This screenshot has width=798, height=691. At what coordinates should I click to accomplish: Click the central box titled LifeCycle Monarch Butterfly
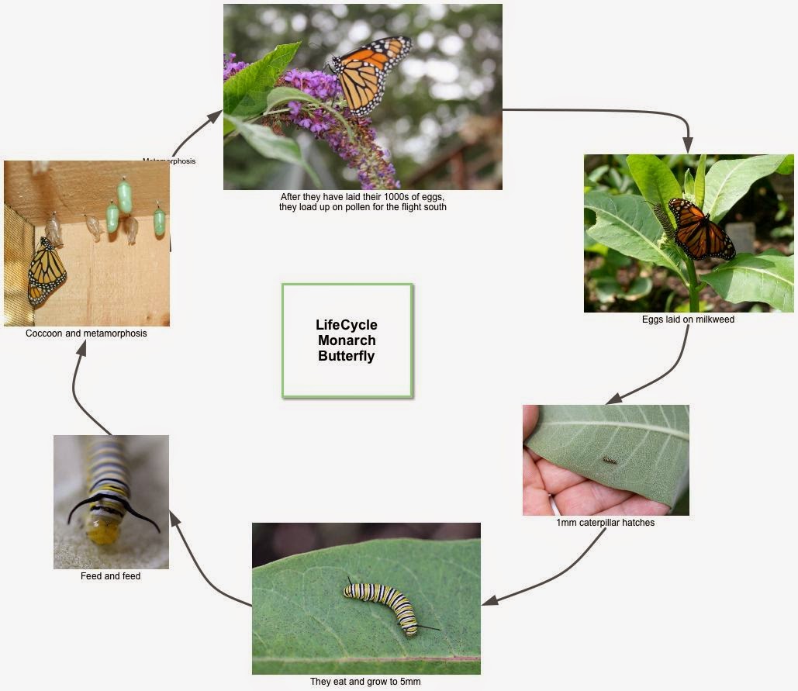[x=347, y=340]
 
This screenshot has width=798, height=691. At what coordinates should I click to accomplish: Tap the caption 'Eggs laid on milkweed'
[x=688, y=320]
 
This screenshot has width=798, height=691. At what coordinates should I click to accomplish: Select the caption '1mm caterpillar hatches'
[x=605, y=523]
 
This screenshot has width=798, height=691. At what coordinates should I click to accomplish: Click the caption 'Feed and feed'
[x=110, y=576]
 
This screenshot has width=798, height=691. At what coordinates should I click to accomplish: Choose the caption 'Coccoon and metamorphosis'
[x=86, y=333]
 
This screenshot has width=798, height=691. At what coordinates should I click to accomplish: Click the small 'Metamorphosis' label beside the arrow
[x=169, y=161]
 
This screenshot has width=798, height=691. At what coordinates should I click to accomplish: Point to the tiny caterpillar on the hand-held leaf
[x=610, y=461]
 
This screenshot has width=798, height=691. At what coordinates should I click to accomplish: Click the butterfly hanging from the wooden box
[x=47, y=271]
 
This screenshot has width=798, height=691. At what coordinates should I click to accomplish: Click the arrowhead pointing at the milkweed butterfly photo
[x=688, y=146]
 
